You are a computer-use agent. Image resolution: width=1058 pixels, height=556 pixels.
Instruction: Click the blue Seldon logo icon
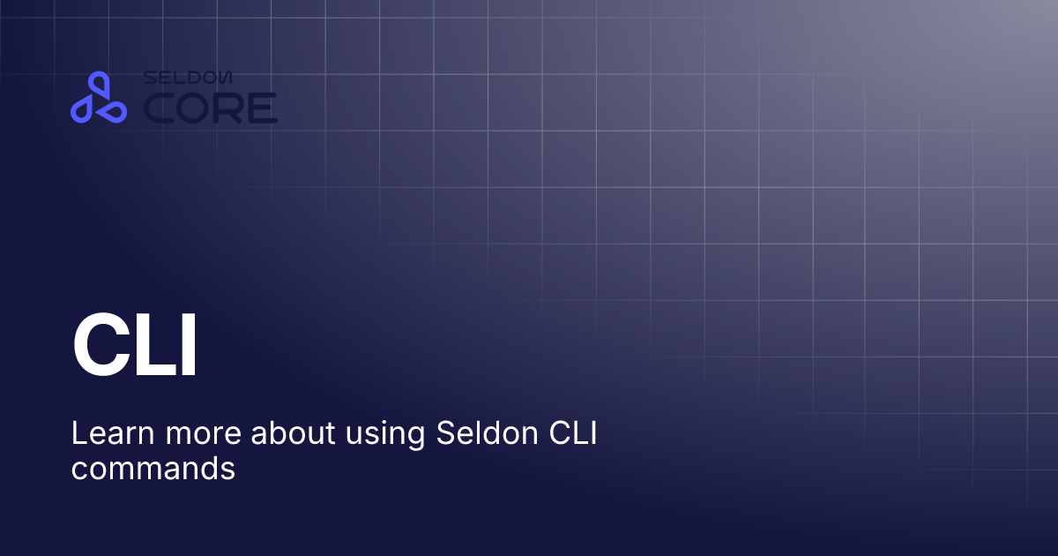point(98,98)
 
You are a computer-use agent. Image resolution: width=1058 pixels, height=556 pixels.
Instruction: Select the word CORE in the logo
point(210,108)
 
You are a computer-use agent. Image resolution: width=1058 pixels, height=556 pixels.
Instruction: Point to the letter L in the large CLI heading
point(150,346)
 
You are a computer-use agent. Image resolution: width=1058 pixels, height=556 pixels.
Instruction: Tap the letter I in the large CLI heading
point(186,346)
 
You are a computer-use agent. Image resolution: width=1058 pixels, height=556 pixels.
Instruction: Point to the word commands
point(153,468)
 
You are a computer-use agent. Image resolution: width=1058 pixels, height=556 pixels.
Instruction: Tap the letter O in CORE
point(195,108)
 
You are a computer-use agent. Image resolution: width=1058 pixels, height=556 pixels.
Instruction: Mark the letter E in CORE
point(262,108)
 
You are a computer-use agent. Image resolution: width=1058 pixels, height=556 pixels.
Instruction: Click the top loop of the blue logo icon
point(98,86)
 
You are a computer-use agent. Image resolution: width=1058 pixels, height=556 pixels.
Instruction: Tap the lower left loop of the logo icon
point(83,109)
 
